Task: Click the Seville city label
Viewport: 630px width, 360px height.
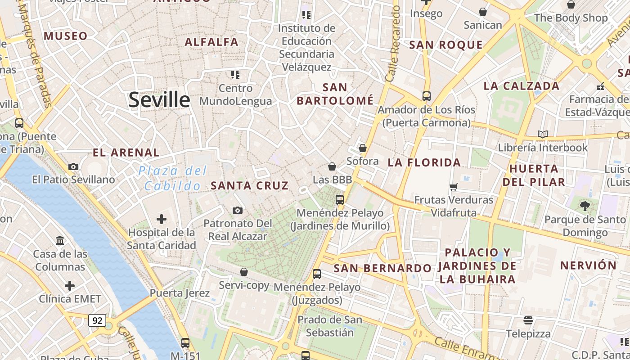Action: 159,99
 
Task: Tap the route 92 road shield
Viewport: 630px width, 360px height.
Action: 97,320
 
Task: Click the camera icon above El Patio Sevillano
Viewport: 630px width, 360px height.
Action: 73,166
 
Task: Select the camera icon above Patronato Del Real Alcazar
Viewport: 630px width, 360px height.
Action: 238,210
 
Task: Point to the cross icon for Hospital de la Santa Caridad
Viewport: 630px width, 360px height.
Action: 161,219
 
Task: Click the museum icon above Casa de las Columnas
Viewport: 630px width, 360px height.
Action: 60,240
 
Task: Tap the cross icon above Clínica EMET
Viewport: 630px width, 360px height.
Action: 70,286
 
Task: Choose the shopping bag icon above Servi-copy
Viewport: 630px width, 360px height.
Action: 244,272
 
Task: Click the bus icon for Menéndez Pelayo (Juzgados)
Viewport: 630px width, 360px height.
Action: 317,274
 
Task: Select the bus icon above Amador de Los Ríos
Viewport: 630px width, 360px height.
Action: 426,96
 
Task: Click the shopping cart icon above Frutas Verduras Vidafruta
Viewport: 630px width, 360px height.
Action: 454,186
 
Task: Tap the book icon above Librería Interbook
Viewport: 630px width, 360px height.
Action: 543,134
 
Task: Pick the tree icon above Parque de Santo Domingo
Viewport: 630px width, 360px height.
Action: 585,206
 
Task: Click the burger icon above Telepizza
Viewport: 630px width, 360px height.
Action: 528,320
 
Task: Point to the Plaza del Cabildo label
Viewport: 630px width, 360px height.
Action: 173,178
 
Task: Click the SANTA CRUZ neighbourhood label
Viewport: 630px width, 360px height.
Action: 249,185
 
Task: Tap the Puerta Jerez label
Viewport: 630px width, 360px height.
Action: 180,293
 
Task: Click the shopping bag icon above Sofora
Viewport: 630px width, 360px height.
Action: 363,148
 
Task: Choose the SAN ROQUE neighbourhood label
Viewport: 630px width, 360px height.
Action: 445,45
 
